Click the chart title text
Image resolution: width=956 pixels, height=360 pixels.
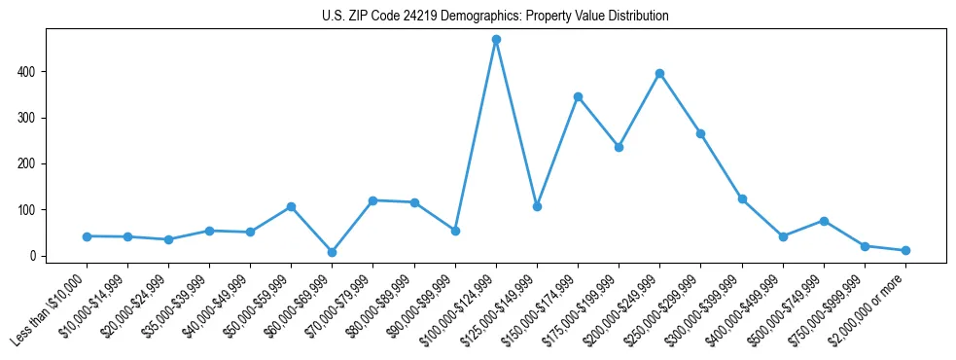[x=495, y=17]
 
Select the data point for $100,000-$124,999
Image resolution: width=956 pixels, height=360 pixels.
[x=496, y=40]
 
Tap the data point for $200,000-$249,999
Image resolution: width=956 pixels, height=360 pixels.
[x=660, y=74]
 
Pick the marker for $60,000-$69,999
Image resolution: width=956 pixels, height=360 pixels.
[x=333, y=252]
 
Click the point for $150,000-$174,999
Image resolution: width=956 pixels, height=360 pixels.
[x=578, y=96]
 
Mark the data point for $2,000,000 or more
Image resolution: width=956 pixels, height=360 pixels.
[x=905, y=251]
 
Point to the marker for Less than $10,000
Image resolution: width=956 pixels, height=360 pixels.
[x=87, y=236]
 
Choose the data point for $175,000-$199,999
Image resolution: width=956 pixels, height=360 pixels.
[x=619, y=147]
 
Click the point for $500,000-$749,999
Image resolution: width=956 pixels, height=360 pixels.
[x=824, y=221]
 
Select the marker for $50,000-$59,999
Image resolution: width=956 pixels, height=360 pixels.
[x=291, y=207]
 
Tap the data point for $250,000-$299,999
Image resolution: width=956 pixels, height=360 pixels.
[x=700, y=133]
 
